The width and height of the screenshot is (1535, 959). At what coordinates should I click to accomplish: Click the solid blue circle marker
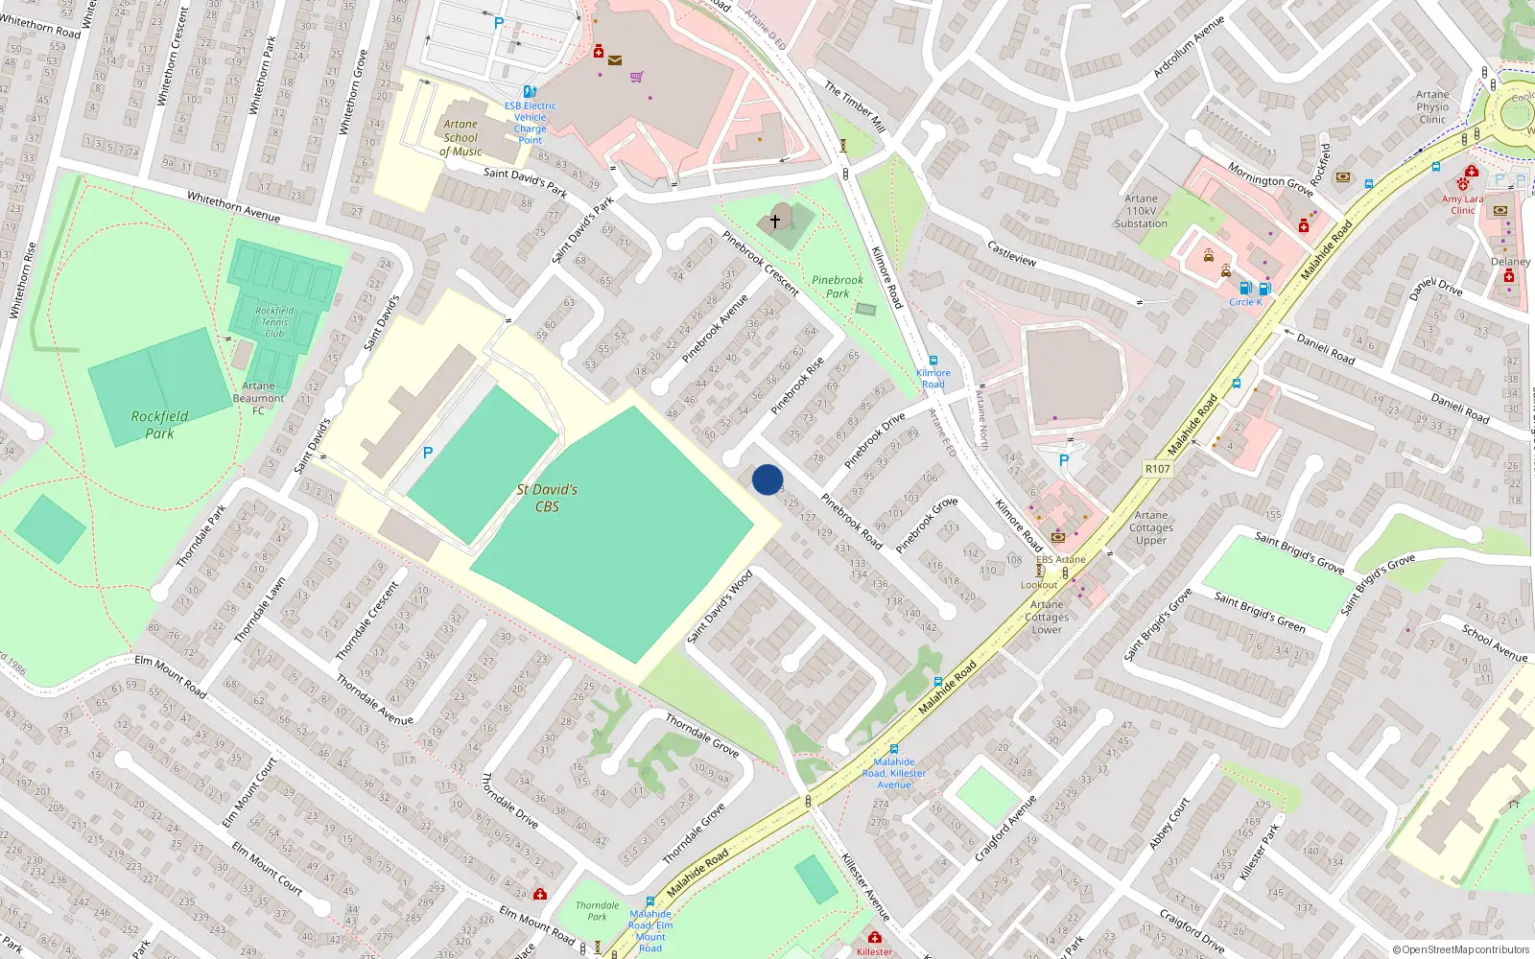tap(767, 479)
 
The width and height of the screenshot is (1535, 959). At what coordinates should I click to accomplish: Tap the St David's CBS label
tap(547, 498)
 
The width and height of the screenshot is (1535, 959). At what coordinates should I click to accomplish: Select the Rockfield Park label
tap(159, 424)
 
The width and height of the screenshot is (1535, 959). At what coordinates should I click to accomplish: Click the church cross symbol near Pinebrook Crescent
tap(775, 221)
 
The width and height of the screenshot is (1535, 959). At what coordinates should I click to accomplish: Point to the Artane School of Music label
tap(460, 137)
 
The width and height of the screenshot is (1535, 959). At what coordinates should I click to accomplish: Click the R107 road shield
tap(1158, 469)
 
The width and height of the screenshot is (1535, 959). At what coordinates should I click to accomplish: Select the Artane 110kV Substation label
tap(1141, 211)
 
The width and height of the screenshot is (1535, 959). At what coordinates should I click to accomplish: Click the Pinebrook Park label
tap(838, 287)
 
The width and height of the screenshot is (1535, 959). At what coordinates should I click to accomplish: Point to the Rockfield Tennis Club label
tap(274, 322)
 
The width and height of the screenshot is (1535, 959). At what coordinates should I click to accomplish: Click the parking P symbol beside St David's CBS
tap(428, 453)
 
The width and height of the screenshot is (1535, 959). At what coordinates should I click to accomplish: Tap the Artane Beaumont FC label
tap(258, 398)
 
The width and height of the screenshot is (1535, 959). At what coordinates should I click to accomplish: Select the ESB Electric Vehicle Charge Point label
tap(530, 123)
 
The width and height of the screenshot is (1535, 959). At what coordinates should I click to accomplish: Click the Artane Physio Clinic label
tap(1432, 106)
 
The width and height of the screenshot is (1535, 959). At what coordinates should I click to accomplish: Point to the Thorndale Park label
tap(597, 911)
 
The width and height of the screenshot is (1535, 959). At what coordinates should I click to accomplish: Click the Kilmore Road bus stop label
tap(933, 378)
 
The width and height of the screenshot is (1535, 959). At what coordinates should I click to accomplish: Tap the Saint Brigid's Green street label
tap(1260, 612)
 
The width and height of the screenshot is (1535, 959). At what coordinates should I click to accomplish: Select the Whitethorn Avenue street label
tap(233, 206)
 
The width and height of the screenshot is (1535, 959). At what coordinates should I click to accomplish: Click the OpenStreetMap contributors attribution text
tap(1461, 949)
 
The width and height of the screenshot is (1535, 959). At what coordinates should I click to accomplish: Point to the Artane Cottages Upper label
tap(1151, 527)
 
